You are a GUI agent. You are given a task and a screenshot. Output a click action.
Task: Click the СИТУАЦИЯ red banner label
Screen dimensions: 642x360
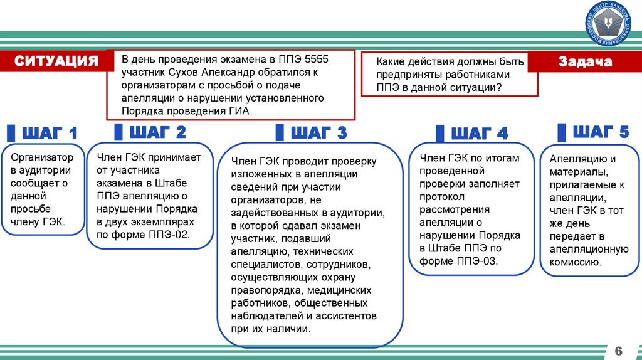tap(56, 61)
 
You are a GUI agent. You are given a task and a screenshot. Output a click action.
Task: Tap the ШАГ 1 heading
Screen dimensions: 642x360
tap(50, 134)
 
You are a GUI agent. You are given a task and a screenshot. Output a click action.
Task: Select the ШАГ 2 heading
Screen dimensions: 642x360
tap(157, 132)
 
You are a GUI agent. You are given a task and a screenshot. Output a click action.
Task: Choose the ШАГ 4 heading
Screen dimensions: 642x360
tap(480, 134)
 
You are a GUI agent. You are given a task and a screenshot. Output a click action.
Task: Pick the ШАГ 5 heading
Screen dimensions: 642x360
tap(600, 132)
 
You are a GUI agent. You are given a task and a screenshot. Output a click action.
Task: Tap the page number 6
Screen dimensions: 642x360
tap(618, 349)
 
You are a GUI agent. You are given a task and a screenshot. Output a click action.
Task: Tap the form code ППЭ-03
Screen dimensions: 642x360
tap(476, 262)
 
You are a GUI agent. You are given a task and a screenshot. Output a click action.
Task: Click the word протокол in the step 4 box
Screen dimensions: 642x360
tap(441, 196)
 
